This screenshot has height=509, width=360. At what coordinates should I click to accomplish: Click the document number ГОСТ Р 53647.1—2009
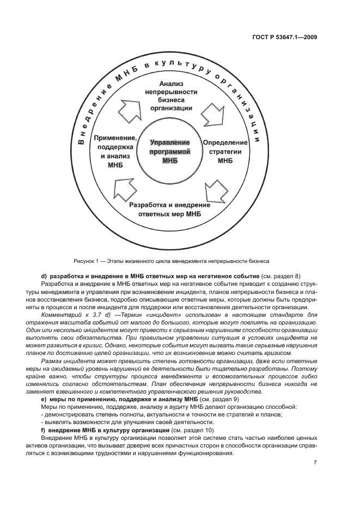(285, 38)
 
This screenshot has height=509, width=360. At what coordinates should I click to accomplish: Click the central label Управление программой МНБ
(170, 151)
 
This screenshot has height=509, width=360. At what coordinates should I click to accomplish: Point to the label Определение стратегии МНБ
(225, 151)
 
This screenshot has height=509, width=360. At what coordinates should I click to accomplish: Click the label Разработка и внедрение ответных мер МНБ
(170, 210)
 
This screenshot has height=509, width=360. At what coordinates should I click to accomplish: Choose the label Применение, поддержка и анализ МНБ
(114, 151)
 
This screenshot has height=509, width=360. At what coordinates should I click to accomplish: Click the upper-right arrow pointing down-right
(211, 115)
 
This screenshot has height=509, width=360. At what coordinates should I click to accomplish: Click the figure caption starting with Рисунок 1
(170, 259)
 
